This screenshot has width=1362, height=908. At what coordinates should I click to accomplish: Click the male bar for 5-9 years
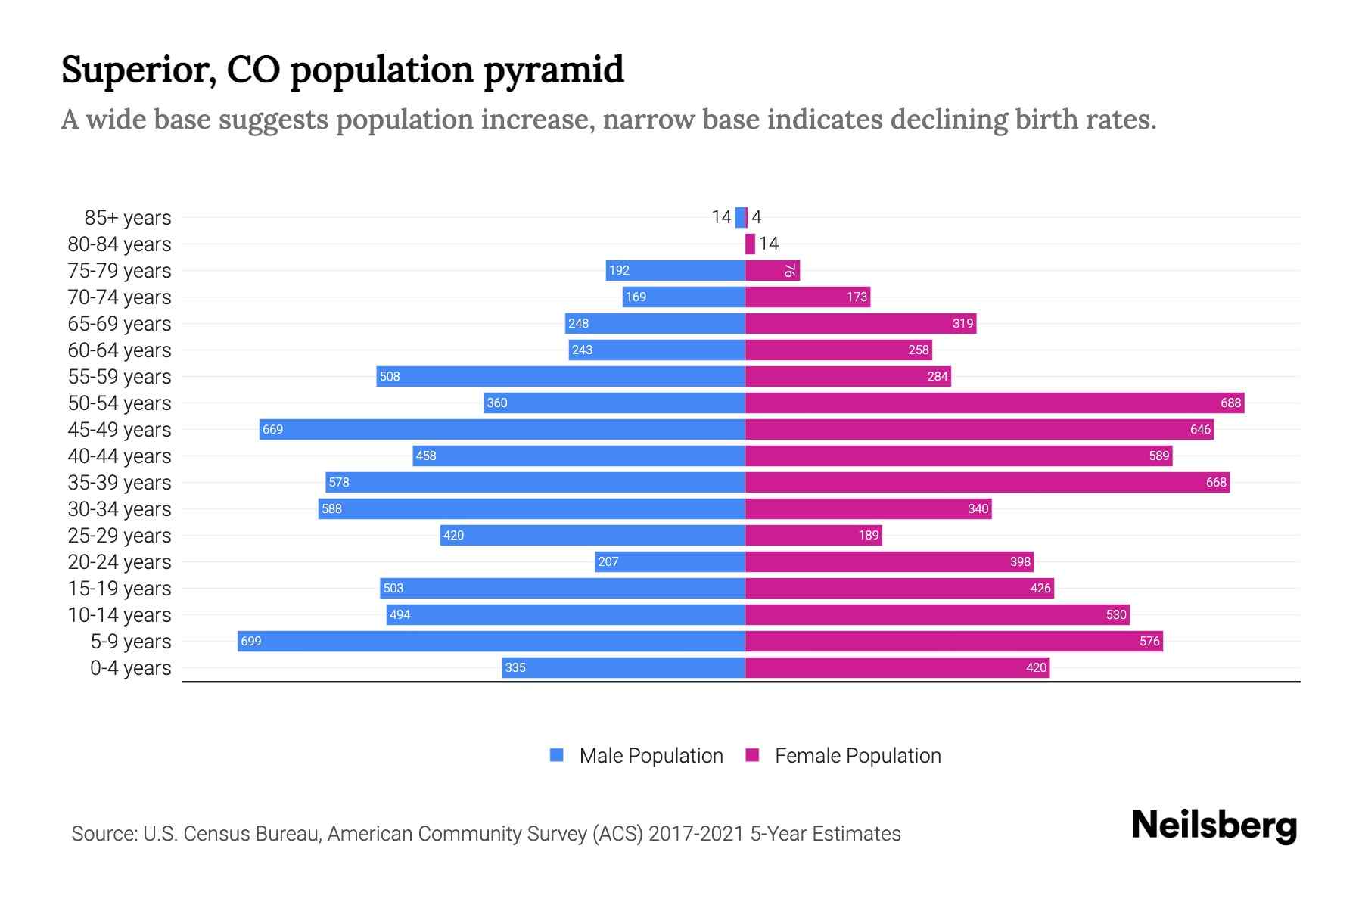[492, 641]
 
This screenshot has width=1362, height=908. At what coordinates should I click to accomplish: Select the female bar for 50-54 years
[994, 403]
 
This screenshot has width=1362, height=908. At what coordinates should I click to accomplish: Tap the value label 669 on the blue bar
[272, 430]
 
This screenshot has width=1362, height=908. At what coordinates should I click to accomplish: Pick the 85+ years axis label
[127, 218]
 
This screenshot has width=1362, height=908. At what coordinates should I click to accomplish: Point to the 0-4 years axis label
[130, 668]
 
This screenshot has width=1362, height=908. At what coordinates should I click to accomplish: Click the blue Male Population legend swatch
[557, 755]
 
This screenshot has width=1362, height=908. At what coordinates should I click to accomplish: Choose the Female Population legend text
[857, 756]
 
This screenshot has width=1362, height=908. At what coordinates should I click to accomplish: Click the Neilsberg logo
[1214, 826]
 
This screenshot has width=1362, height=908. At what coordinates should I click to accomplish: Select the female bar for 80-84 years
[750, 244]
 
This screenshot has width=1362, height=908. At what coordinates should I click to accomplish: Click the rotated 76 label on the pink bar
[789, 271]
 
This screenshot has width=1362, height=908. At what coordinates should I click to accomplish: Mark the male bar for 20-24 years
[670, 561]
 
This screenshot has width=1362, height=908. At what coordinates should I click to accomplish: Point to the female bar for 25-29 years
[813, 535]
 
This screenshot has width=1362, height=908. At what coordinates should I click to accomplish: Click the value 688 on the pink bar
[1230, 403]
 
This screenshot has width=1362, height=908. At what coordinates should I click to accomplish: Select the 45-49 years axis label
[120, 430]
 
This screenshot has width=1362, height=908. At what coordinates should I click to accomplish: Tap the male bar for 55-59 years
[560, 376]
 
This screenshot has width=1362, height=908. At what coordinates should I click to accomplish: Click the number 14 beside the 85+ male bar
[721, 217]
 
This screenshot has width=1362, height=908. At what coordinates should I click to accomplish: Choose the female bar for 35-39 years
[987, 482]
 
